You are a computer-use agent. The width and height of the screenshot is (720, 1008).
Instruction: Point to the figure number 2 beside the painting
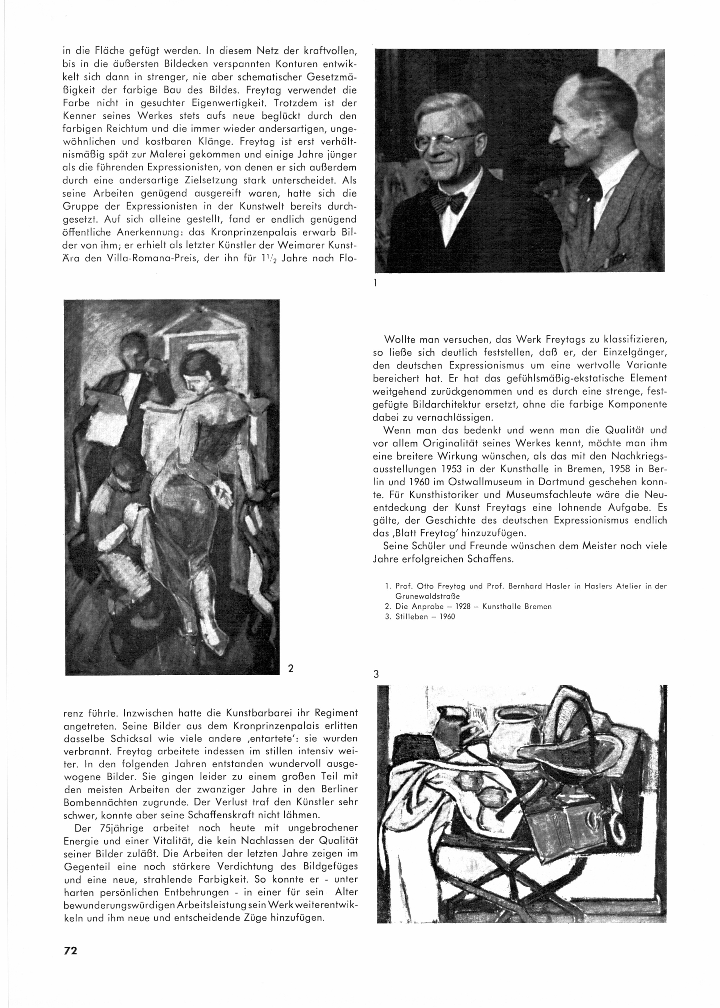(291, 668)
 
